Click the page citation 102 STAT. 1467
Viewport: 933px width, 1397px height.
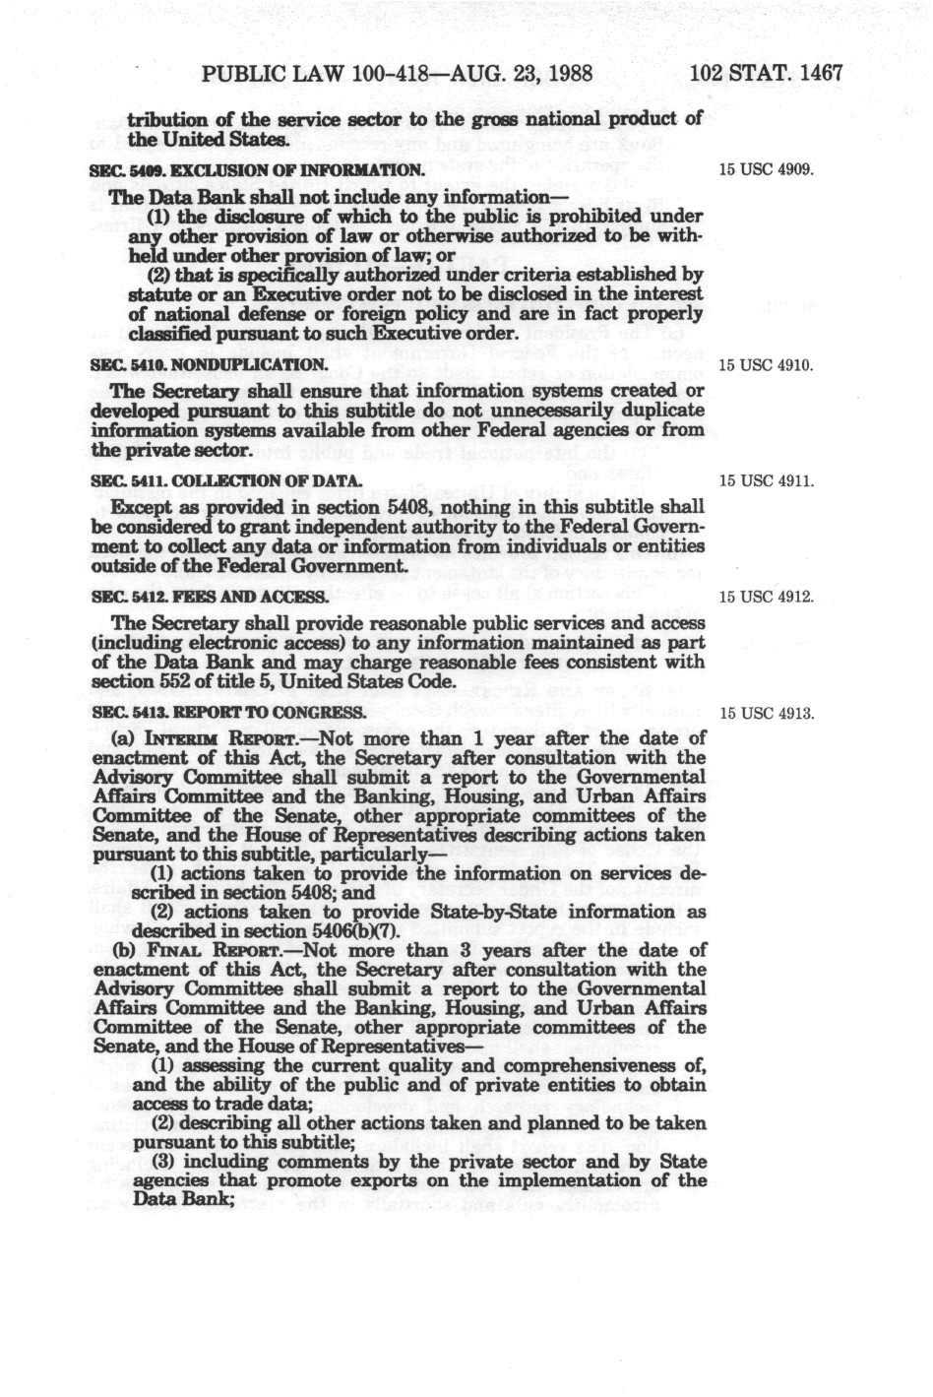click(767, 74)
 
